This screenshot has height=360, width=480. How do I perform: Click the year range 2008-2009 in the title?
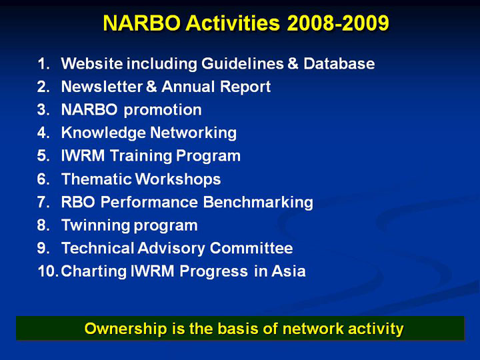(338, 23)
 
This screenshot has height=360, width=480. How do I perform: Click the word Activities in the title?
(233, 23)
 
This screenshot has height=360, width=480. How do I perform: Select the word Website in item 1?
(92, 64)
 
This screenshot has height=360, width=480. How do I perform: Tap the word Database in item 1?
(339, 64)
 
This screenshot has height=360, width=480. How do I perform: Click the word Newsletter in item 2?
(102, 87)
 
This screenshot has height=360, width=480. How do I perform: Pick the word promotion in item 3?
(163, 110)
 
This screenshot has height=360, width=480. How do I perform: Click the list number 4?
(43, 133)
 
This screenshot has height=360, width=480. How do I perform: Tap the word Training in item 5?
(141, 156)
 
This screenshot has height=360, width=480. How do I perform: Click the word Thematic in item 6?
(97, 179)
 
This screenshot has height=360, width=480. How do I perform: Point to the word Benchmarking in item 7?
(258, 203)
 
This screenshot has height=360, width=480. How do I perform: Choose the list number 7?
(43, 203)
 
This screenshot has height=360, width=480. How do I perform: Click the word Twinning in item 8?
(96, 225)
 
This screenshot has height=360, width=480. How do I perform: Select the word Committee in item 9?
(251, 248)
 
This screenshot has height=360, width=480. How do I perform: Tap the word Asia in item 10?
(289, 271)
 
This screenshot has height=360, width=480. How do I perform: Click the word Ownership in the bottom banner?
(125, 329)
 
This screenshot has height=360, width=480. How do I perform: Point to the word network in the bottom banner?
(313, 329)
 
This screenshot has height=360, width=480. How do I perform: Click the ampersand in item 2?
(151, 87)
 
